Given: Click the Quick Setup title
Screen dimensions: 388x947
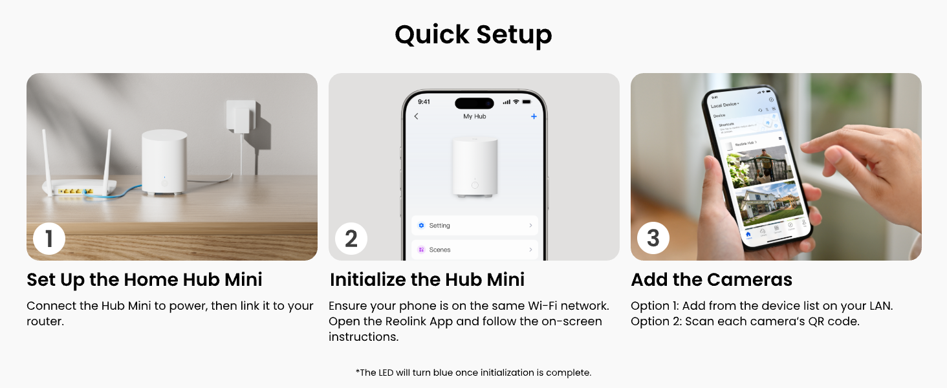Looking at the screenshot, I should pyautogui.click(x=473, y=35).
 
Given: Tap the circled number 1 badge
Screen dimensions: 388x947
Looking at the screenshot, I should pyautogui.click(x=49, y=238).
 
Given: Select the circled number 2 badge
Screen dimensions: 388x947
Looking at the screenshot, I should pyautogui.click(x=351, y=238).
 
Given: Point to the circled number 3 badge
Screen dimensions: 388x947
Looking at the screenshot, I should pyautogui.click(x=653, y=238).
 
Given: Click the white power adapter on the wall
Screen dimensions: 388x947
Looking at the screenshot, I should pyautogui.click(x=241, y=116).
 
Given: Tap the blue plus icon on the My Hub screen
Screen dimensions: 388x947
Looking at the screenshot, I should pyautogui.click(x=534, y=116).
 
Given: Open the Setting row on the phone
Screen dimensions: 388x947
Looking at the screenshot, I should pyautogui.click(x=474, y=225).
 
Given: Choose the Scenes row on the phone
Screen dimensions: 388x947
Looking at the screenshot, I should pyautogui.click(x=474, y=249).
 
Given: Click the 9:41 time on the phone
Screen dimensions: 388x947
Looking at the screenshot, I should pyautogui.click(x=424, y=102).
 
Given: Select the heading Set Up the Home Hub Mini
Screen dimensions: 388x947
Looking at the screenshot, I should pyautogui.click(x=144, y=279).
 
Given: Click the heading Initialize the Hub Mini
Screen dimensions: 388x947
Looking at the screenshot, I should pyautogui.click(x=427, y=279).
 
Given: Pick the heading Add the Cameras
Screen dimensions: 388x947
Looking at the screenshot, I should pyautogui.click(x=711, y=279).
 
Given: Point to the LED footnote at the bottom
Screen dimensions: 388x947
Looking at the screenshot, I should pyautogui.click(x=473, y=372).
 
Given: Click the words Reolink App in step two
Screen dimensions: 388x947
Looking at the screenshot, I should pyautogui.click(x=415, y=321).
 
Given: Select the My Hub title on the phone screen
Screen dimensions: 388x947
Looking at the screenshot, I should pyautogui.click(x=474, y=116).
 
